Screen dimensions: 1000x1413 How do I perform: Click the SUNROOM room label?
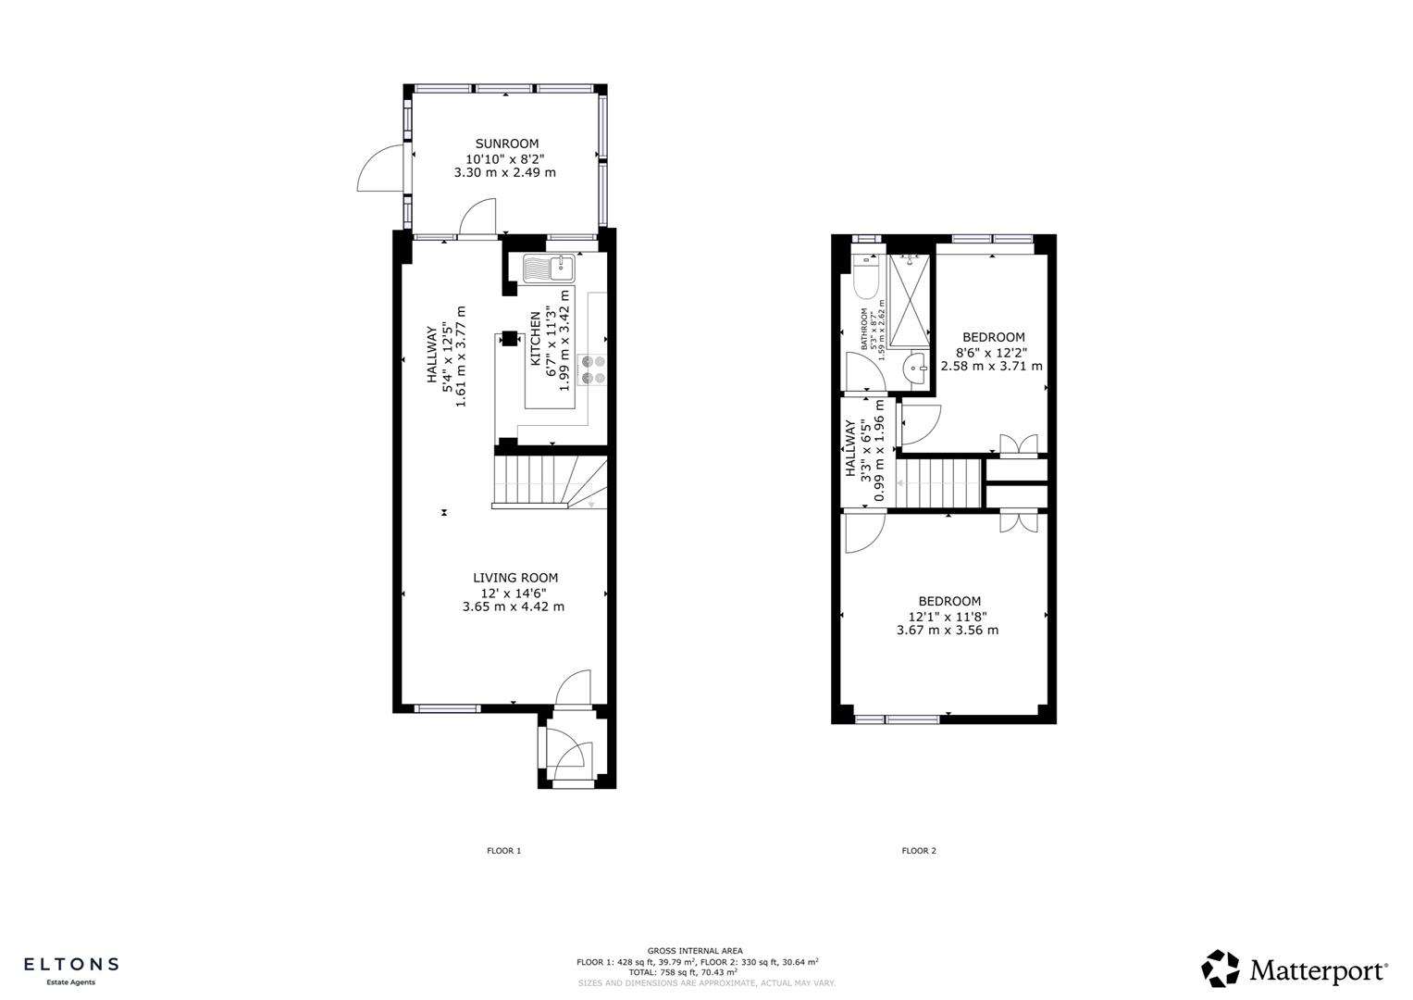506,144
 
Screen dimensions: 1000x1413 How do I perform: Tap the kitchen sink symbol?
549,269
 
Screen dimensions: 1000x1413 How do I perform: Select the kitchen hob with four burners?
592,369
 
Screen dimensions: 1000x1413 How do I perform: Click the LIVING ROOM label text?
515,578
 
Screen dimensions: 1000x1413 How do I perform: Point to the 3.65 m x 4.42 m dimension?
513,607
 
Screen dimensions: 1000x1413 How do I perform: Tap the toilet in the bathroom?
865,277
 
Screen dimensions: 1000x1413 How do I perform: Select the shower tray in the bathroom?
909,299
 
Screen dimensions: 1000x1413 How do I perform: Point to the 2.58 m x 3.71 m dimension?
991,367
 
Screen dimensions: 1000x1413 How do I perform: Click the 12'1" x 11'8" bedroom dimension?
947,617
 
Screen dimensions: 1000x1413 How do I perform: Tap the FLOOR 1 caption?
504,851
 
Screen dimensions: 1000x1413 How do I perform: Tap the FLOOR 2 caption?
919,851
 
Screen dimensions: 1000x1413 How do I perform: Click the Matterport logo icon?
1220,969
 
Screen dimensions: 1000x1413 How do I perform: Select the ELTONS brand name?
70,964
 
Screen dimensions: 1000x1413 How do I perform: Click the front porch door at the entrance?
566,750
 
